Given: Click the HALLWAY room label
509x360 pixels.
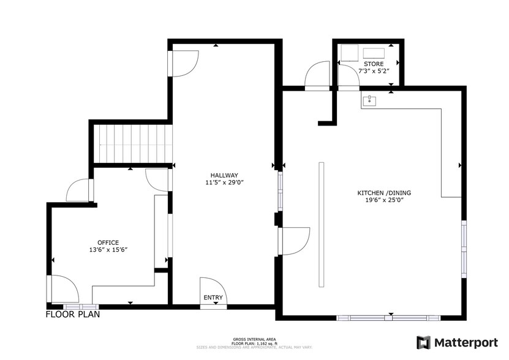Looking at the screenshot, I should point(221,174).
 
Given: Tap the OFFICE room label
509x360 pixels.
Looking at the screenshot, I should point(108,242).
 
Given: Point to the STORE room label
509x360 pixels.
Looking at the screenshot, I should point(373,64).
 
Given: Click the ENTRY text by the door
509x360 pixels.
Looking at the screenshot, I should point(213,298).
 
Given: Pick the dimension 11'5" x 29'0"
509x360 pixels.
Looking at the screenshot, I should point(221,182).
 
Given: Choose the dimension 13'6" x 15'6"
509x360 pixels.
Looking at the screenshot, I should point(108,250).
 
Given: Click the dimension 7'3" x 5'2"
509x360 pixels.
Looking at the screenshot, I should point(373,71).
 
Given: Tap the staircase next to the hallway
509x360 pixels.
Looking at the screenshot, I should point(132,143).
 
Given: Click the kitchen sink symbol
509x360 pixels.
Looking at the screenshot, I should point(369,100).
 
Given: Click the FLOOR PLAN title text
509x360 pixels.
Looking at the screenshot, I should point(73,315).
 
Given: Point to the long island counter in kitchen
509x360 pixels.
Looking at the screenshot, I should point(321,225).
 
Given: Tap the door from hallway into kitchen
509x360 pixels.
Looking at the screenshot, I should point(293,241).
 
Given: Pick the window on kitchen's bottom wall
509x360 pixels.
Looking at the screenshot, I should point(388,318).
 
